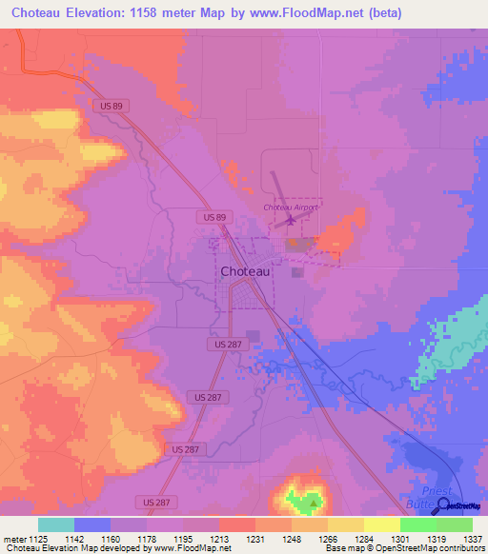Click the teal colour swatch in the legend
56,524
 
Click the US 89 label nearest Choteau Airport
214,218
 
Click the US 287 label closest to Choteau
220,341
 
